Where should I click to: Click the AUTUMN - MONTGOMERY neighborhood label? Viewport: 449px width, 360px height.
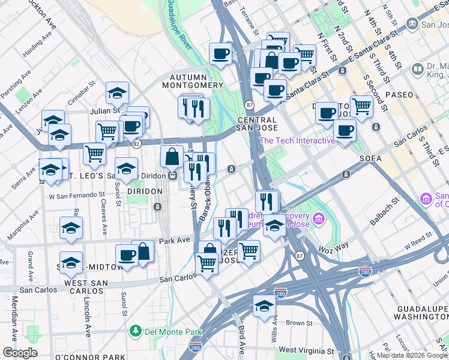(x=196, y=82)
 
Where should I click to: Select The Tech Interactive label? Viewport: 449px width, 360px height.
(x=297, y=140)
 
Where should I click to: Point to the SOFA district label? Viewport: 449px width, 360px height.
(x=370, y=158)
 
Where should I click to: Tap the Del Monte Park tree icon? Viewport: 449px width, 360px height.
(x=136, y=331)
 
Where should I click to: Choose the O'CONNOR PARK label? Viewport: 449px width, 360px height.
(x=89, y=357)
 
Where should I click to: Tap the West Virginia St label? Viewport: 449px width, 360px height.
(x=306, y=350)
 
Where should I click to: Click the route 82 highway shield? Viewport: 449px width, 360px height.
(x=136, y=144)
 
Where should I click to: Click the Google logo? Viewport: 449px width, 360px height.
(x=20, y=353)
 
